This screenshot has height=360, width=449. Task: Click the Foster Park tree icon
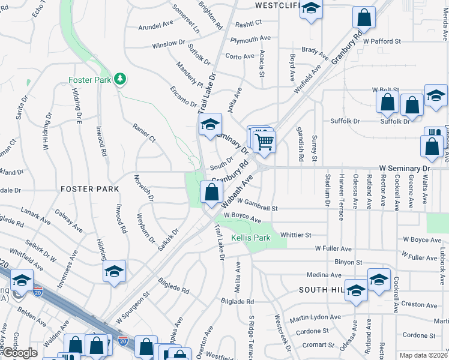point(120,79)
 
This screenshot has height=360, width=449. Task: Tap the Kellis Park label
point(251,238)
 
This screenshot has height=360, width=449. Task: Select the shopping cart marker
point(264,142)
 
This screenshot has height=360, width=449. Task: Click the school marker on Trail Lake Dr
point(210,125)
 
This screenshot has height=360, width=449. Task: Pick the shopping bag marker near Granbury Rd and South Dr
point(211,193)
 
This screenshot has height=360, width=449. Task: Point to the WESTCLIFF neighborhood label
point(276,5)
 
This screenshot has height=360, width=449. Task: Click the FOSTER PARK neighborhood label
point(89,188)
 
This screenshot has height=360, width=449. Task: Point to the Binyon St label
point(349,262)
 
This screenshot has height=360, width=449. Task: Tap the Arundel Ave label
point(155,27)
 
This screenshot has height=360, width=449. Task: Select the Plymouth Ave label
point(252,38)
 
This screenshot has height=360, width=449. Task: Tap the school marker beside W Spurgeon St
point(114,271)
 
